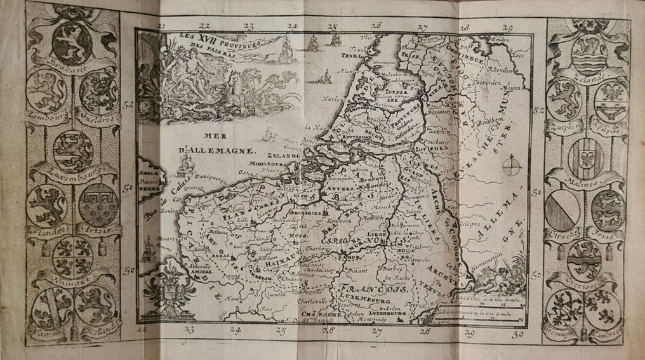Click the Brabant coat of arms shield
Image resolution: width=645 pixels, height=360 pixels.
(72, 43)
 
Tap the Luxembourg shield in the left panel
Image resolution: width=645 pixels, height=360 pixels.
(73, 151)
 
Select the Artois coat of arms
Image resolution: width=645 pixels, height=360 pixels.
(98, 204)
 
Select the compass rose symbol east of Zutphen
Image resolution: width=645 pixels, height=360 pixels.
(511, 166)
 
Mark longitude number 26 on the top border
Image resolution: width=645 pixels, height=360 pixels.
(376, 27)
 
